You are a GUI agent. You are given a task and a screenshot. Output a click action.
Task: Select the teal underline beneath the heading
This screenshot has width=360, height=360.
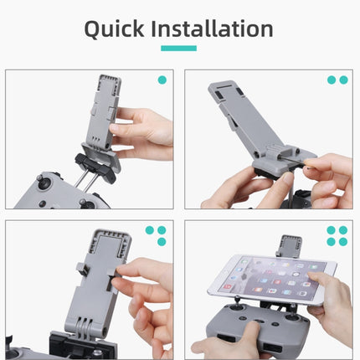pos(179,49)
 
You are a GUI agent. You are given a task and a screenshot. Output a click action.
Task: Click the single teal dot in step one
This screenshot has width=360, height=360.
pos(162,80)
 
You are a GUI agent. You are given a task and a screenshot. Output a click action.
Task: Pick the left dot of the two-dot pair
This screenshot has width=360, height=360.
pos(332,80)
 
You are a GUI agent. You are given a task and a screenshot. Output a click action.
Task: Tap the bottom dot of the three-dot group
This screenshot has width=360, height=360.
pos(162,241)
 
